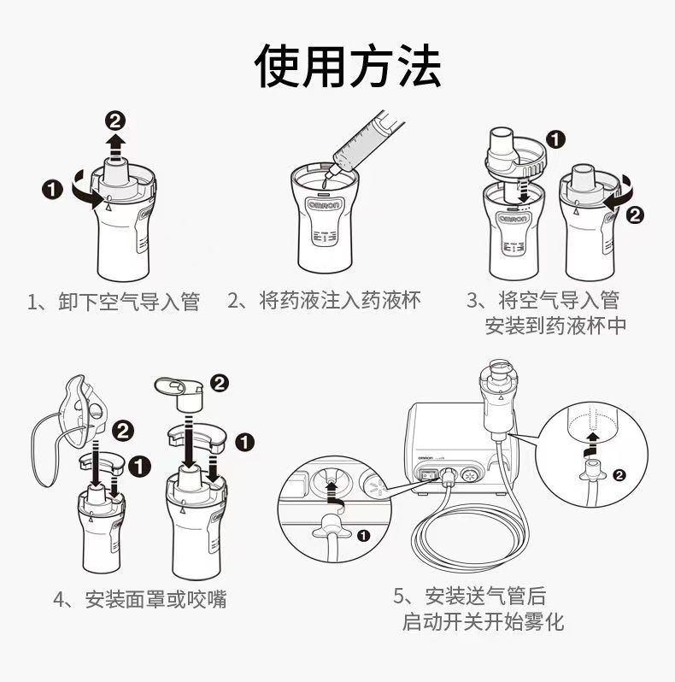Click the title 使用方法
tap(348, 66)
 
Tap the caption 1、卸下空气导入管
tap(114, 302)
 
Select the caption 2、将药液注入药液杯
tap(324, 301)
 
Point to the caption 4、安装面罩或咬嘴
tap(140, 599)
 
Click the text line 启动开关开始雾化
tap(483, 621)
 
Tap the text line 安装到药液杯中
tap(555, 326)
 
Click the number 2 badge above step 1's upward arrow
tap(115, 121)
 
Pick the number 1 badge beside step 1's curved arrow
tap(52, 190)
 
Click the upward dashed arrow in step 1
tap(115, 148)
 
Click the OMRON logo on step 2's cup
tap(325, 205)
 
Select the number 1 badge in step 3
tap(555, 140)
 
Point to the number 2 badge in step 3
tap(635, 215)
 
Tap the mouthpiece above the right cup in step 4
tap(180, 394)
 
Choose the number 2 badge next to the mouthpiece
tap(220, 383)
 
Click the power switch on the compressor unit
tap(426, 475)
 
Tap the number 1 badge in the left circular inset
tap(363, 535)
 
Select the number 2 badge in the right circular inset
tap(619, 474)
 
